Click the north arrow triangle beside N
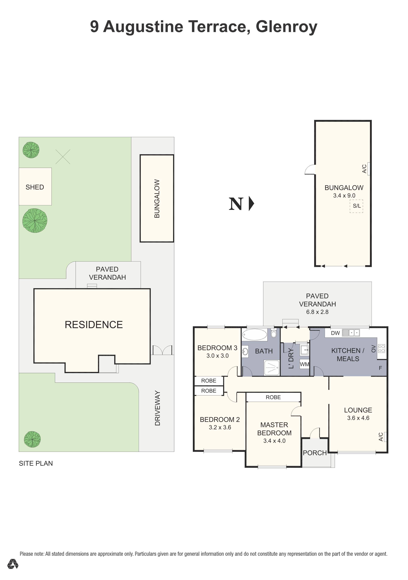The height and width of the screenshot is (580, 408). pyautogui.click(x=251, y=204)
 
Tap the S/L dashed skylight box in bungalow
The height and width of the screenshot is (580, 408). pyautogui.click(x=356, y=206)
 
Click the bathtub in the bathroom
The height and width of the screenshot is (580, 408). pyautogui.click(x=254, y=335)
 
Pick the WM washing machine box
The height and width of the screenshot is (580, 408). pyautogui.click(x=304, y=364)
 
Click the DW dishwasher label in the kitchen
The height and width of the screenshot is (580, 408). pyautogui.click(x=335, y=333)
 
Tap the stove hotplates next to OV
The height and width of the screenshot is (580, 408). pyautogui.click(x=381, y=349)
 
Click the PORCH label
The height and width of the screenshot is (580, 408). pyautogui.click(x=315, y=453)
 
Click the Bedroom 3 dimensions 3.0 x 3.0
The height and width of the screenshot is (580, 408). pyautogui.click(x=217, y=356)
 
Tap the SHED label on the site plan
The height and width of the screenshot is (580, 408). pyautogui.click(x=35, y=187)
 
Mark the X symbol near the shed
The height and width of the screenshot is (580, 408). pyautogui.click(x=63, y=157)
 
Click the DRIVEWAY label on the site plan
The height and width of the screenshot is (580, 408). pyautogui.click(x=157, y=408)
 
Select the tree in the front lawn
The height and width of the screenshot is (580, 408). pyautogui.click(x=32, y=439)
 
